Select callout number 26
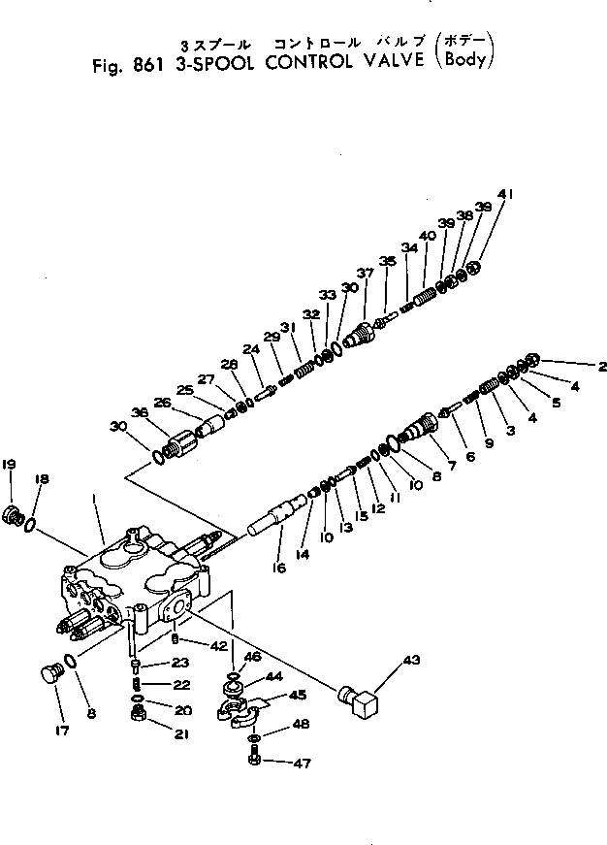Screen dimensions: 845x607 point(162,404)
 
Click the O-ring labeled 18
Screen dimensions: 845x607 point(31,525)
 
